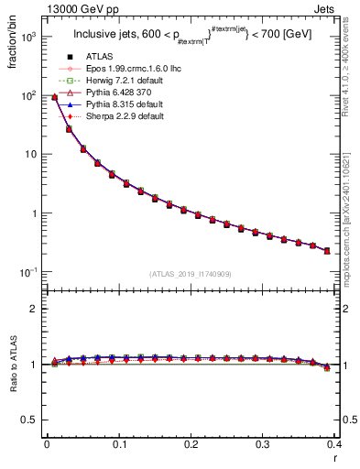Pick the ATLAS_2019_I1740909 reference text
pyautogui.click(x=190, y=274)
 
